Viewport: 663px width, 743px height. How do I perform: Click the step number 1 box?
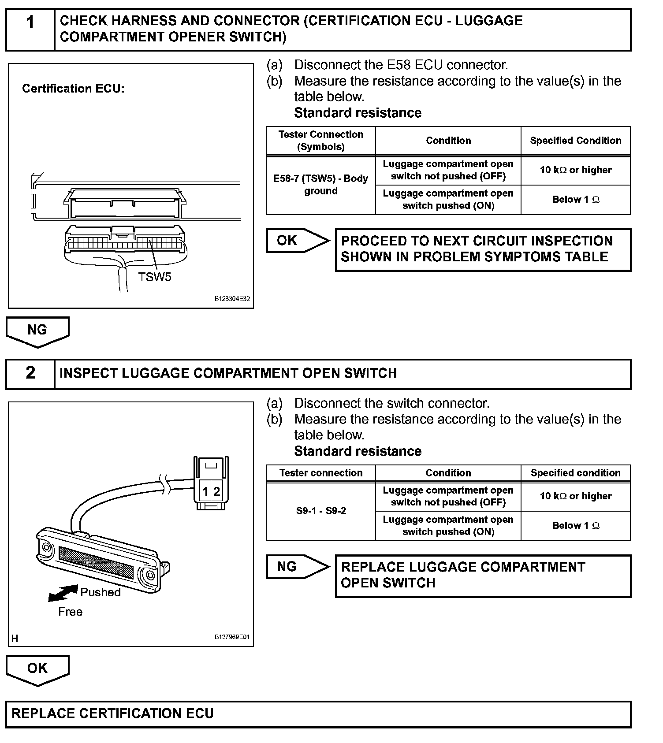point(30,30)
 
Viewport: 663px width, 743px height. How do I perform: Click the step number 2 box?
point(30,374)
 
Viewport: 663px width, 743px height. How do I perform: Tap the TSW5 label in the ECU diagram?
point(154,277)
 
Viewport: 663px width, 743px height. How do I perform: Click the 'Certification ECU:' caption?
point(73,89)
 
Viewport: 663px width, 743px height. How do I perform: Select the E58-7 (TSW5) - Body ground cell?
point(320,185)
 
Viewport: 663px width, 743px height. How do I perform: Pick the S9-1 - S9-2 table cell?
point(320,511)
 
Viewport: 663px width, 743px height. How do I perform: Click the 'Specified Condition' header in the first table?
point(575,141)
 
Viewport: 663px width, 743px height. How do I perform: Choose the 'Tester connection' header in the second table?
point(320,473)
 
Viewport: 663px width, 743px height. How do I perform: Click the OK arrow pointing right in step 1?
point(298,241)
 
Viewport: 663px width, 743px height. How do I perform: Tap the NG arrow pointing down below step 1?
point(37,331)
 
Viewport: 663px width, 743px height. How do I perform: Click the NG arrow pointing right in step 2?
point(298,567)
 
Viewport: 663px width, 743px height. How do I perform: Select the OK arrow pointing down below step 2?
point(37,669)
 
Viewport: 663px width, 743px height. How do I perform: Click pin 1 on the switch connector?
point(205,491)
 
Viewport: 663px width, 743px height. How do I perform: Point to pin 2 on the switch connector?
point(216,491)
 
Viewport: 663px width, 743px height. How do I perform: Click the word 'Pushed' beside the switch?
point(101,592)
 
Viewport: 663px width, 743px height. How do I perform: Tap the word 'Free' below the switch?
point(71,612)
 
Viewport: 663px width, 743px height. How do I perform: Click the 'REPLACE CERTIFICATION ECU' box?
point(318,714)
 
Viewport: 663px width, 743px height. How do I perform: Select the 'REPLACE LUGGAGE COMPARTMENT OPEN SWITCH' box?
point(483,576)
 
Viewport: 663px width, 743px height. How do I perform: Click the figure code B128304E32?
point(232,299)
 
